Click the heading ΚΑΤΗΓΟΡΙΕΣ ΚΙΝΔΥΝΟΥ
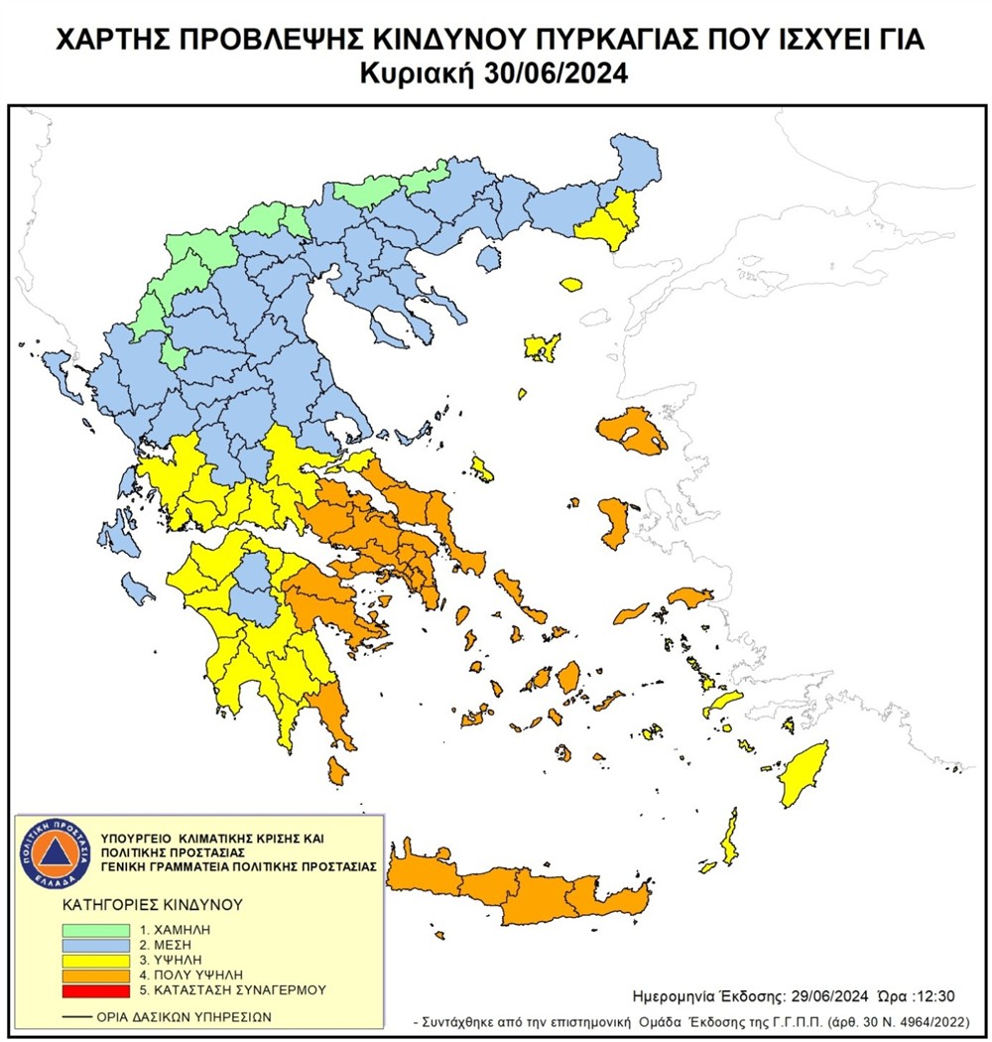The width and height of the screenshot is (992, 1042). [139, 905]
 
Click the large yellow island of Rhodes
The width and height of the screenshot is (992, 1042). [804, 775]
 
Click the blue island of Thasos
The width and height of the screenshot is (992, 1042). [487, 258]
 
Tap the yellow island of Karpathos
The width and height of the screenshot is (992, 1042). [729, 837]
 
